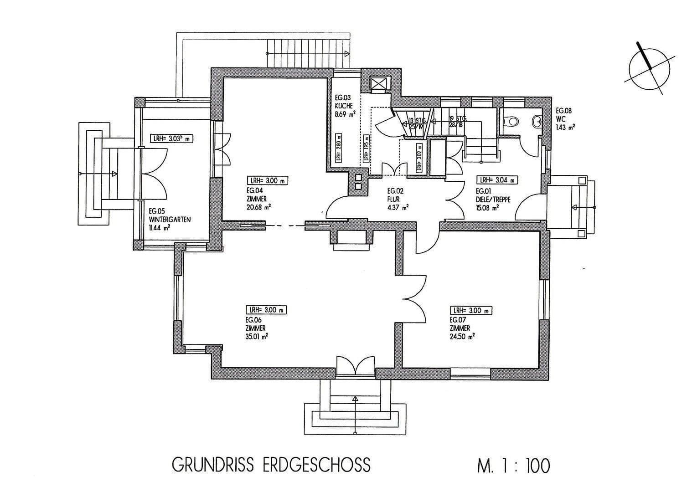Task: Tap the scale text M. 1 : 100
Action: [513, 466]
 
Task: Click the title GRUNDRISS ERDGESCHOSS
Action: [271, 465]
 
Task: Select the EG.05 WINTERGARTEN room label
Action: [170, 219]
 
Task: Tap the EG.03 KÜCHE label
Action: [345, 106]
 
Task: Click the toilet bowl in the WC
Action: [512, 121]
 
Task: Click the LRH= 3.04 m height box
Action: [497, 179]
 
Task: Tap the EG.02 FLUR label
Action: [396, 199]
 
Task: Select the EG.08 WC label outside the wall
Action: [564, 119]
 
